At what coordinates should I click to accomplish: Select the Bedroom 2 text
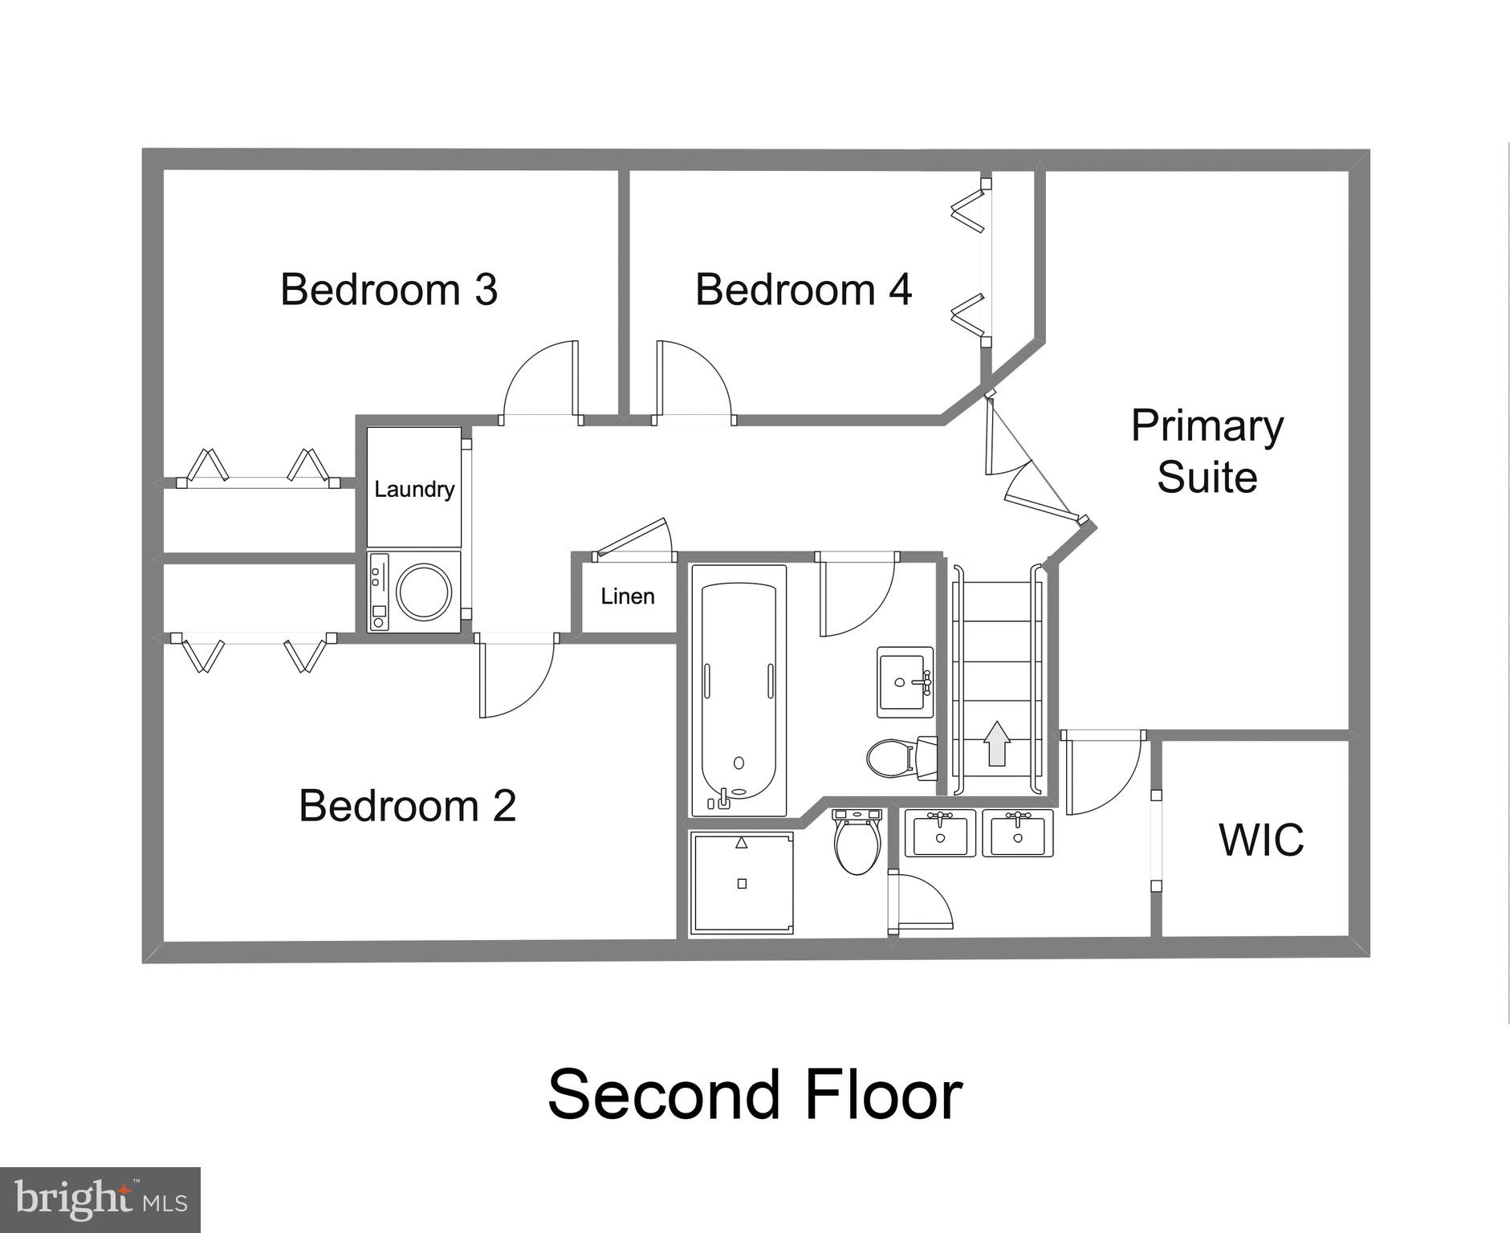click(x=407, y=805)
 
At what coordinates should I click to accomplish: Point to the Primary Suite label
click(x=1207, y=451)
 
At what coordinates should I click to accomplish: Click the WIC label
click(x=1261, y=840)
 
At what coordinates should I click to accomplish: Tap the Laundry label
click(x=414, y=489)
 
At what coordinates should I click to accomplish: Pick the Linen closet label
click(x=628, y=596)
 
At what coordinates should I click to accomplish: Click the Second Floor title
click(x=755, y=1095)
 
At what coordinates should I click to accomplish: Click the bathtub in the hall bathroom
click(x=739, y=690)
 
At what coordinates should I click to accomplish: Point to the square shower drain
click(x=742, y=884)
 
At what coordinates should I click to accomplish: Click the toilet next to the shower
click(x=857, y=844)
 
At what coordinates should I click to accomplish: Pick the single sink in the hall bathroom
click(x=905, y=682)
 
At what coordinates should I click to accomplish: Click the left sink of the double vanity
click(x=940, y=833)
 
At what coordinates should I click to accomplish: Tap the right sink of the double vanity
click(x=1018, y=833)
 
